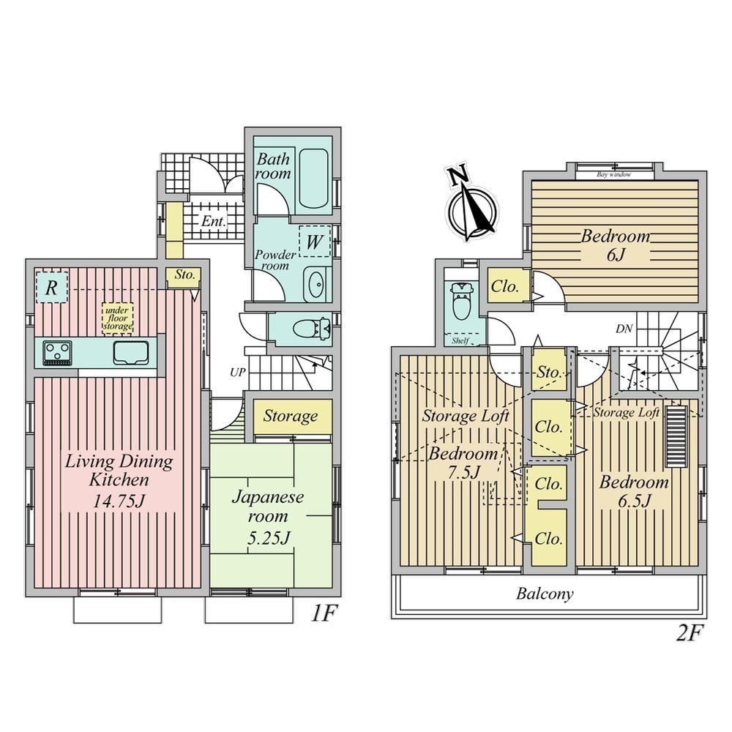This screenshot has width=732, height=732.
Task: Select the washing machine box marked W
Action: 315,242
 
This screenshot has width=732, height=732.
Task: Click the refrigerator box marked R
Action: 51,288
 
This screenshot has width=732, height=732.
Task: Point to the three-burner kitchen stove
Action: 57,353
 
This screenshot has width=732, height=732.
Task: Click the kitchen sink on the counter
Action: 131,353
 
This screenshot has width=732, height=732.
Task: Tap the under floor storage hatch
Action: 118,318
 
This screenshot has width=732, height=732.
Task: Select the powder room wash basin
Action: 317,284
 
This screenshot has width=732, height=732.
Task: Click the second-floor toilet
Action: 460,301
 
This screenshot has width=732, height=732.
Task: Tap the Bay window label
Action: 614,175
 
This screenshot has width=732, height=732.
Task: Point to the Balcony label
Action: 545,594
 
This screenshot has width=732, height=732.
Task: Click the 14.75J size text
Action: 119,501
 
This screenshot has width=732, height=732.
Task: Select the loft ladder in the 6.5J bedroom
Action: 676,436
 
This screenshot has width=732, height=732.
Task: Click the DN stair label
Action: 624,329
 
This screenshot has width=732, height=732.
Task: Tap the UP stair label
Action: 238,373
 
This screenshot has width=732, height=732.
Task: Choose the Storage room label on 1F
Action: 291,416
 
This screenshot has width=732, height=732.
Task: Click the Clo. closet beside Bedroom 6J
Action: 505,286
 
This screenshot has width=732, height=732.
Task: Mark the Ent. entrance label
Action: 214,221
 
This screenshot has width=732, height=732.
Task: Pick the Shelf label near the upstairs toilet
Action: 460,341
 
